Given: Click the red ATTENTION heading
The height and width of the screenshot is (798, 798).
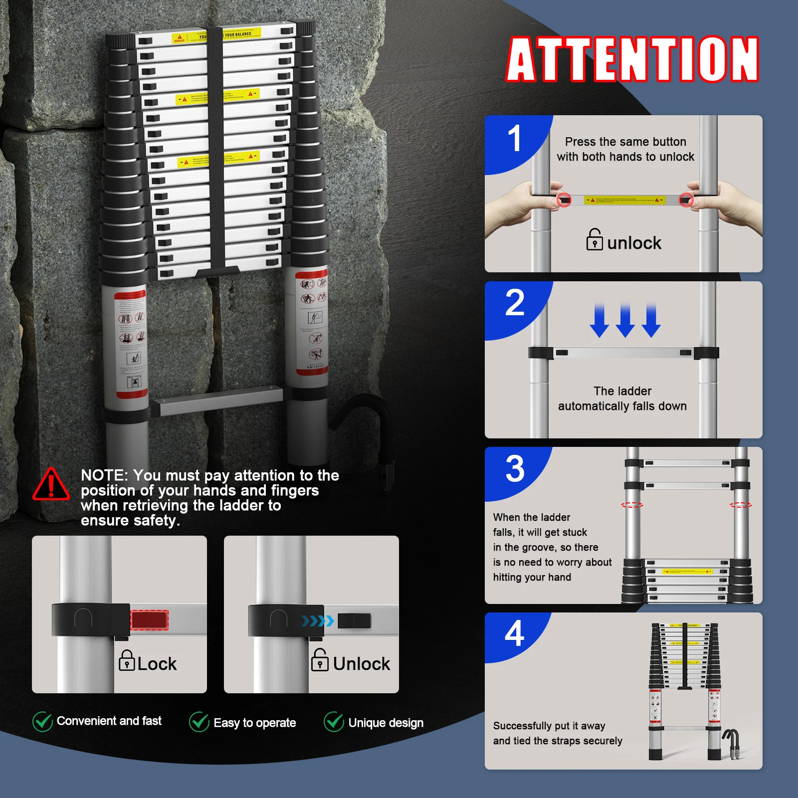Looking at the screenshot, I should click(x=632, y=59).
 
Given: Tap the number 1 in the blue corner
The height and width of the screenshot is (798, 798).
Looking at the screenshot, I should click(x=514, y=139).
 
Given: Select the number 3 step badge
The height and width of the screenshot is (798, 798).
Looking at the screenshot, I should click(x=515, y=469).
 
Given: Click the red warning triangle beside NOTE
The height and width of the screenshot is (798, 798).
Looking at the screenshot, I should click(x=51, y=485).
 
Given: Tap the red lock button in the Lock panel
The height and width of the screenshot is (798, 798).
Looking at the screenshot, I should click(x=149, y=620).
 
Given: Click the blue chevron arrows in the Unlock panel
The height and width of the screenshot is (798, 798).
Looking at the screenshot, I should click(x=318, y=621).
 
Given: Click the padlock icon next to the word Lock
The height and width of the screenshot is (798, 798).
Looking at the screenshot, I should click(x=127, y=660).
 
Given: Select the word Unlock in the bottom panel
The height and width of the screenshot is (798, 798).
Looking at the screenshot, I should click(x=361, y=664).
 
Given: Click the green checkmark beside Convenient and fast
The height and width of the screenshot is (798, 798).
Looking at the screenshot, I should click(x=42, y=721).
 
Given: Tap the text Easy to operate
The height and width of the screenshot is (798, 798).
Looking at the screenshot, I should click(x=254, y=723).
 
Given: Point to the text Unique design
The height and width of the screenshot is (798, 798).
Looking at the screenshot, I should click(x=386, y=723).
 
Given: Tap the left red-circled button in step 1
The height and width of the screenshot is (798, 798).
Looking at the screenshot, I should click(x=564, y=200).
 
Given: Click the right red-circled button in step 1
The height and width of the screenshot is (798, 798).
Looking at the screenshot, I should click(x=686, y=200).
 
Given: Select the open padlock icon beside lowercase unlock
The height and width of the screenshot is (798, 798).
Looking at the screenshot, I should click(x=595, y=240).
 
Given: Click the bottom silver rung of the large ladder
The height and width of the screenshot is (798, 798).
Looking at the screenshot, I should click(x=218, y=400).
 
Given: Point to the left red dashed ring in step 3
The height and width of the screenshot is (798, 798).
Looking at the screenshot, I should click(x=632, y=505).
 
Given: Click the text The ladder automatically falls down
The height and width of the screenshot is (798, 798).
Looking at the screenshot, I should click(x=622, y=399).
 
